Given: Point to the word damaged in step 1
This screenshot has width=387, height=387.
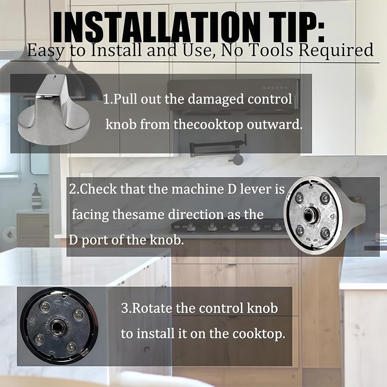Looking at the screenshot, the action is [216, 100].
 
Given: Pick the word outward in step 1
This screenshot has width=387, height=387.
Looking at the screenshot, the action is [274, 124].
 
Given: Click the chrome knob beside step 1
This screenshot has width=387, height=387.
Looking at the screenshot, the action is [54, 110].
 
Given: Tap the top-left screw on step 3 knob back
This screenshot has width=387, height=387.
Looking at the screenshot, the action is [44, 307].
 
